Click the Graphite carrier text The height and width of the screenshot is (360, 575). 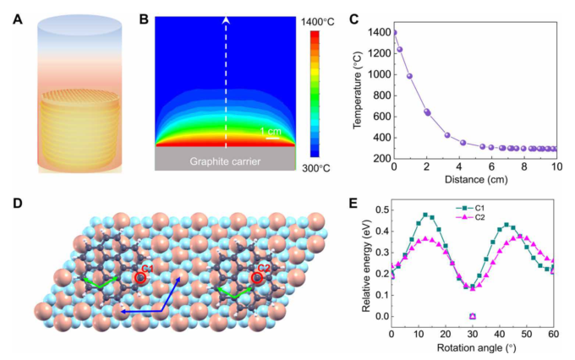[x=225, y=160]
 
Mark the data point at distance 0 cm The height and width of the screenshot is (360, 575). [x=393, y=33]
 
